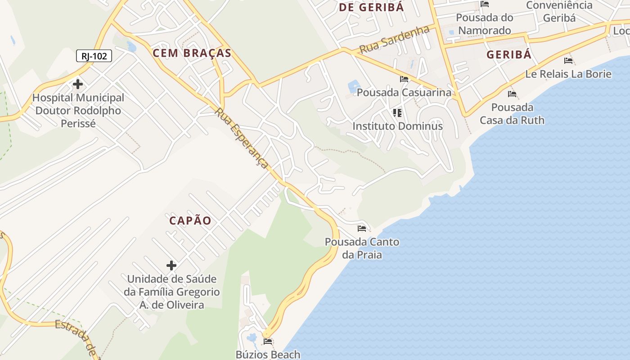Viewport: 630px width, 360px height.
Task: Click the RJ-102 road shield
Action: tap(94, 56)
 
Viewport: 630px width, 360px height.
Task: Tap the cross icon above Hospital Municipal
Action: tap(78, 84)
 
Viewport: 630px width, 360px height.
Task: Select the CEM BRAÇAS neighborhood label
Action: tap(192, 53)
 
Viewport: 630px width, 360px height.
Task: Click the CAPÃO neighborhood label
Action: tap(190, 220)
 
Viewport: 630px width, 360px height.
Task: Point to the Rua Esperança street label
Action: tap(243, 138)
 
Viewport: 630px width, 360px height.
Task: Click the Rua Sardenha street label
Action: tap(395, 40)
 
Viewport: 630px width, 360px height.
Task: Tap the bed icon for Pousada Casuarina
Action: tap(404, 79)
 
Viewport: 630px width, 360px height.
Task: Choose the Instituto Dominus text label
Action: tap(397, 126)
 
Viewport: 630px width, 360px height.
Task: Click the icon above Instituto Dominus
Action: tap(397, 112)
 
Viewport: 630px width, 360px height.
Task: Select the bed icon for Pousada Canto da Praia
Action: tap(362, 229)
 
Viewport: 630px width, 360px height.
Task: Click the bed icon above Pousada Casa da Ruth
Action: tap(512, 94)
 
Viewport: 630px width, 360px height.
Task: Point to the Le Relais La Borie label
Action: tap(568, 74)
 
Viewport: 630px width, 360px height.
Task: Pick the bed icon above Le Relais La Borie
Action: tap(568, 61)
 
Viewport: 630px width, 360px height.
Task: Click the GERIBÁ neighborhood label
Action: tap(509, 55)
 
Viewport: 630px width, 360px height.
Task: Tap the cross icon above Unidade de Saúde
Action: tap(171, 265)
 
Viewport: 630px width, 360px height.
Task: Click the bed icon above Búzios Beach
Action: tap(268, 342)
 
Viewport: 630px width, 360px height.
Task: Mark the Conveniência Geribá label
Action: tap(559, 12)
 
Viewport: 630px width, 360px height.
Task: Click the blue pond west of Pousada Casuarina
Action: tap(354, 86)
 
